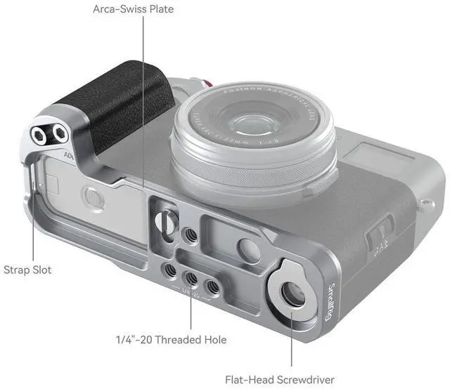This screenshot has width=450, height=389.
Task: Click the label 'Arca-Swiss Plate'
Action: click(x=133, y=9)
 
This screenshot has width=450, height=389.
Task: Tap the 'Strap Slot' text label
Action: click(x=27, y=270)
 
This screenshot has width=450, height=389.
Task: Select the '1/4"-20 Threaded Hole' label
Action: click(x=171, y=340)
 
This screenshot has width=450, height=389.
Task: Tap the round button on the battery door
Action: click(x=92, y=197)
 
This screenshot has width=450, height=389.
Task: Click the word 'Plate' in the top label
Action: click(x=159, y=9)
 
